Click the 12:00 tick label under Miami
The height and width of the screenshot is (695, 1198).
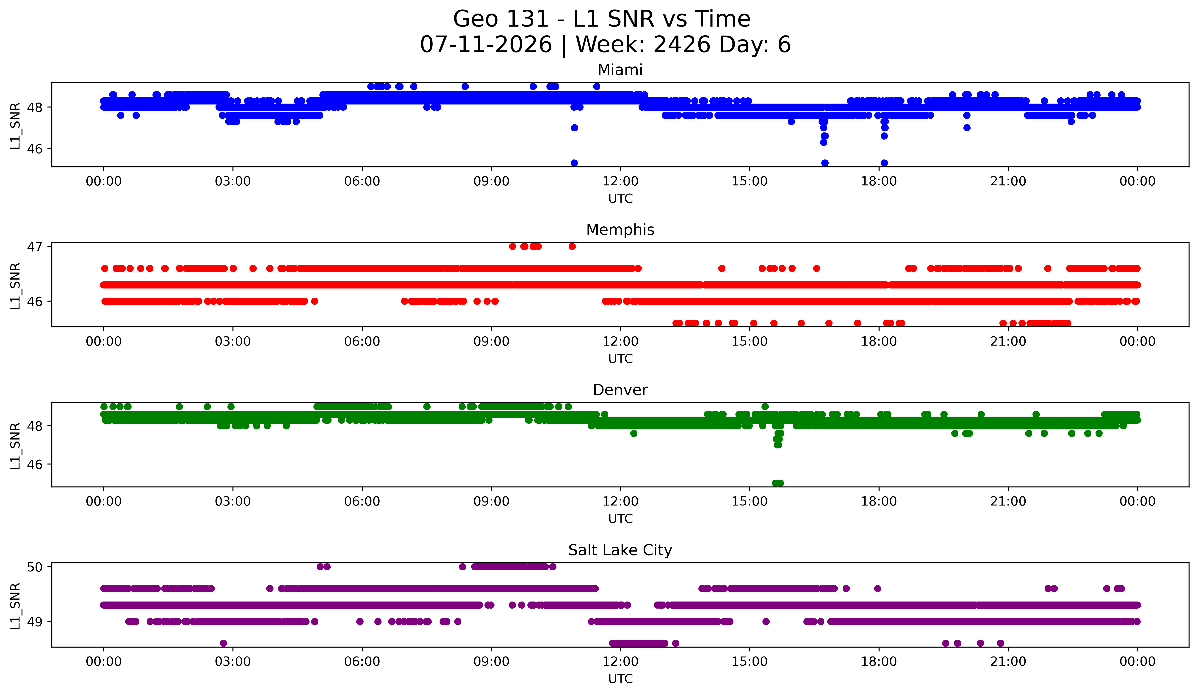620,181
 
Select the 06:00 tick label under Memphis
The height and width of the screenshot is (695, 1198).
362,342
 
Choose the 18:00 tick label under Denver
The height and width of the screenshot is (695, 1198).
879,502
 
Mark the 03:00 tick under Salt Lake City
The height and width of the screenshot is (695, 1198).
233,662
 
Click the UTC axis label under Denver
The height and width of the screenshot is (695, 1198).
620,519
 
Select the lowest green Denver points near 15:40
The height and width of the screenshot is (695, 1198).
778,483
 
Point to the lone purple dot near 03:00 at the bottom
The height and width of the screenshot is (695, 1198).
224,643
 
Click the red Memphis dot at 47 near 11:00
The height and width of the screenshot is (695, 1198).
572,247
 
